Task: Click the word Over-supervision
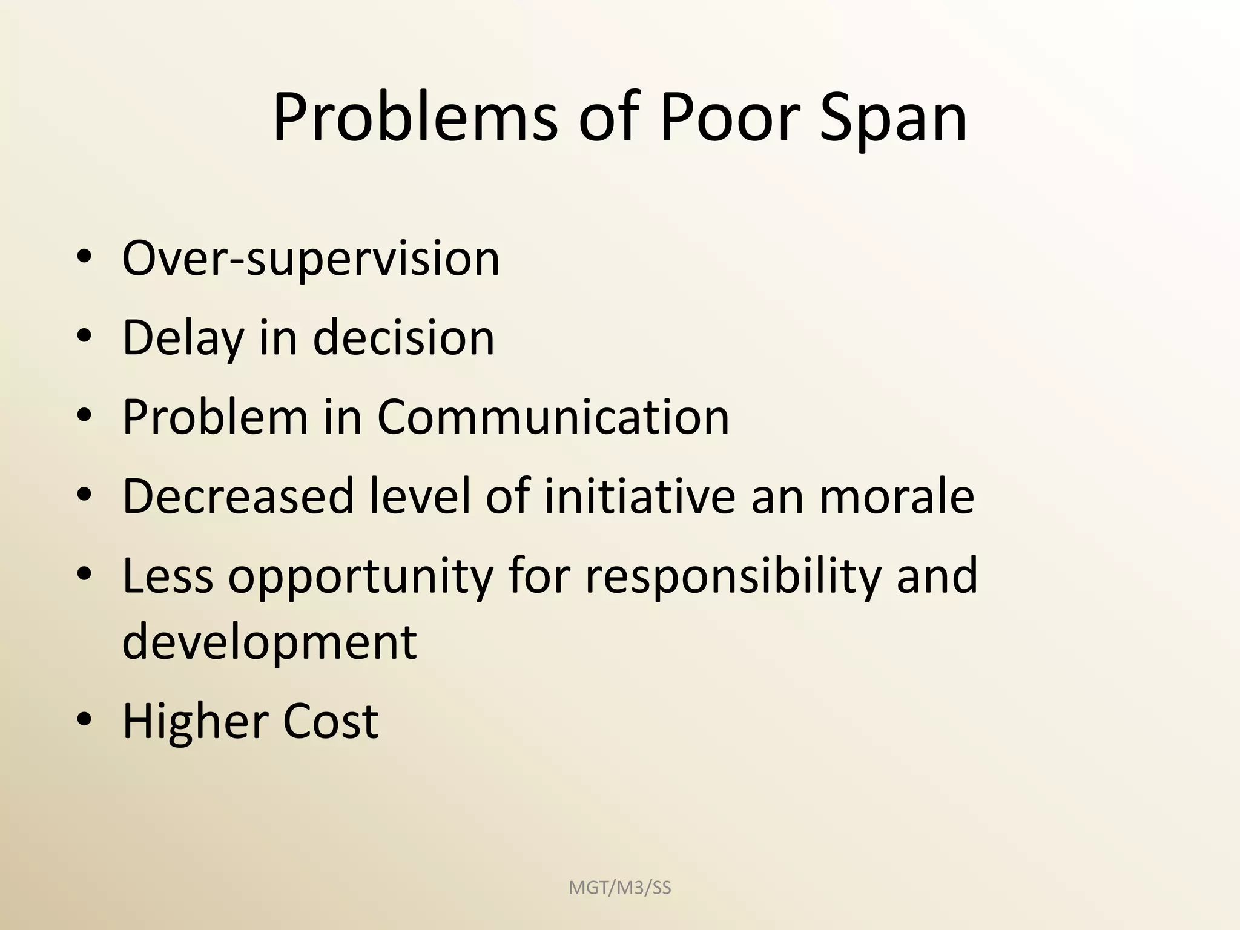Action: pyautogui.click(x=311, y=259)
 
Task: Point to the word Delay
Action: pyautogui.click(x=182, y=338)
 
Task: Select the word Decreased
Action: pyautogui.click(x=238, y=496)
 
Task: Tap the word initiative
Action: pyautogui.click(x=640, y=496)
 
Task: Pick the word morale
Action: pyautogui.click(x=897, y=496)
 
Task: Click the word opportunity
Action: pyautogui.click(x=361, y=577)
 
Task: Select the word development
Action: pyautogui.click(x=269, y=642)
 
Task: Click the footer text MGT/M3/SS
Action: pyautogui.click(x=620, y=888)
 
